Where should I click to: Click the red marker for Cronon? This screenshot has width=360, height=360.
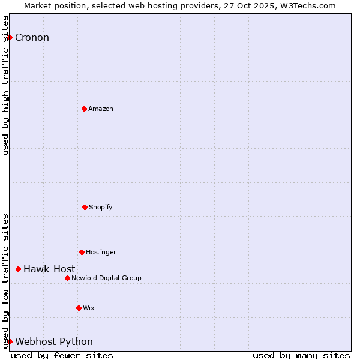click(10, 37)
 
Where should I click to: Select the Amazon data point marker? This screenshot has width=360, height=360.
click(84, 109)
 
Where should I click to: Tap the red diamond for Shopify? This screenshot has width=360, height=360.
click(85, 207)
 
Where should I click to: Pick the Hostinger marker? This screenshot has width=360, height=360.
click(82, 252)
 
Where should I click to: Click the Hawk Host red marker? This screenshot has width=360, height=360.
click(18, 269)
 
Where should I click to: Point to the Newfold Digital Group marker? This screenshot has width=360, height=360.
click(67, 278)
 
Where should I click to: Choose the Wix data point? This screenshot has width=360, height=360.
click(79, 308)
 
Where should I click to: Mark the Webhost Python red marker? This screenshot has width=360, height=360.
click(10, 341)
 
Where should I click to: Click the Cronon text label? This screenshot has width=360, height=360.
click(32, 38)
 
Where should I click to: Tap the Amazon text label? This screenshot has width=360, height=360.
click(101, 109)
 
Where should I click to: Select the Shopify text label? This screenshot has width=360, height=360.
click(101, 207)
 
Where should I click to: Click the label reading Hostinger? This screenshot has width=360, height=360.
click(101, 252)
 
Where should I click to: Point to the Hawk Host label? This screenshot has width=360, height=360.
click(49, 269)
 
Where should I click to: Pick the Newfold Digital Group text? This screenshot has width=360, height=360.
click(106, 278)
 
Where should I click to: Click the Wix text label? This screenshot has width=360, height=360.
click(89, 308)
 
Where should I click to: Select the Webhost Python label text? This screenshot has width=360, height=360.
click(54, 342)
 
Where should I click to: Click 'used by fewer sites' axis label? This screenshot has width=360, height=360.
click(62, 355)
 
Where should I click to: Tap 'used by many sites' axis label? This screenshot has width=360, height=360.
click(301, 355)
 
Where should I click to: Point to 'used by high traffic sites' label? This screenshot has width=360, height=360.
click(5, 85)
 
